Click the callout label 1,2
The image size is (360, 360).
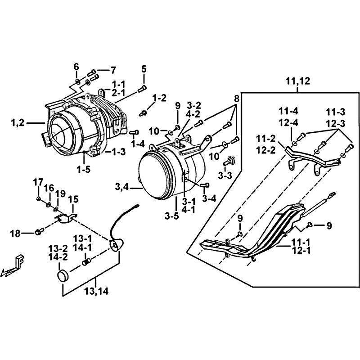(18, 123)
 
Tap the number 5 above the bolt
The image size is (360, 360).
(144, 69)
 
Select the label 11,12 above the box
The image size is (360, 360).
(298, 81)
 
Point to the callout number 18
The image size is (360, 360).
(16, 234)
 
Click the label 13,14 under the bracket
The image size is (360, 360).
(96, 292)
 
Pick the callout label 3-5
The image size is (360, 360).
(172, 216)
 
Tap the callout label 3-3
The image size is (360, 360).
(225, 175)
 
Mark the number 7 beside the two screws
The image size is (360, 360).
(113, 71)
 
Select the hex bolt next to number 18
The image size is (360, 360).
(40, 231)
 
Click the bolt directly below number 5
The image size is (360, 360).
(142, 88)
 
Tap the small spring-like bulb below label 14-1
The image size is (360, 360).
(86, 261)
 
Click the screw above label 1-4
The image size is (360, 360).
(134, 132)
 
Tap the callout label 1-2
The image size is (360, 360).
(159, 98)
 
